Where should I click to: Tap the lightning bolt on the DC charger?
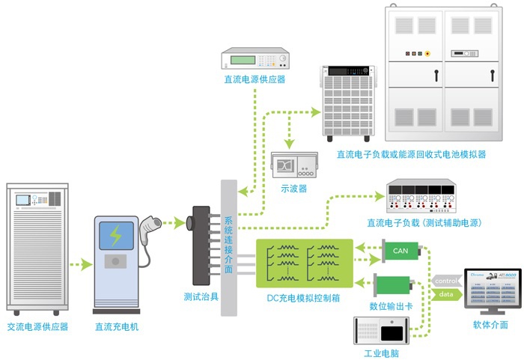click(x=115, y=235)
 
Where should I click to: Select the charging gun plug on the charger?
click(x=152, y=223)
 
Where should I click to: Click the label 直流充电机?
click(x=116, y=327)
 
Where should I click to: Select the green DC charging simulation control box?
click(x=304, y=263)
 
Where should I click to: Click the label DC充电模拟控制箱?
click(x=303, y=298)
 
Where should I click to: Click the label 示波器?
click(x=293, y=189)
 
